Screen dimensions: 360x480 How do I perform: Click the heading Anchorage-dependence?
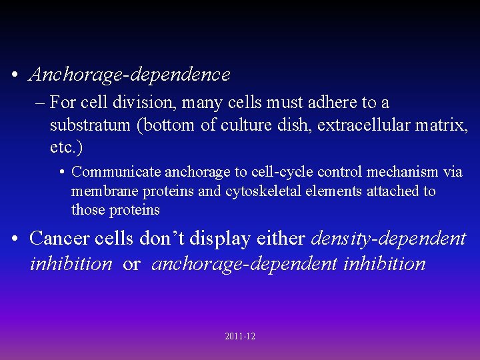tap(129, 75)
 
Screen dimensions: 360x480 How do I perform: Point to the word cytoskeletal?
tap(263, 191)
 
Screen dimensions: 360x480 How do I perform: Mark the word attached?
tap(391, 191)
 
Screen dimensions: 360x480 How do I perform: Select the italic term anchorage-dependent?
tap(245, 264)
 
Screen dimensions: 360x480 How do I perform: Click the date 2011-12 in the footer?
tap(240, 337)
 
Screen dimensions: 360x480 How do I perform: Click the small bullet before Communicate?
tap(61, 173)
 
